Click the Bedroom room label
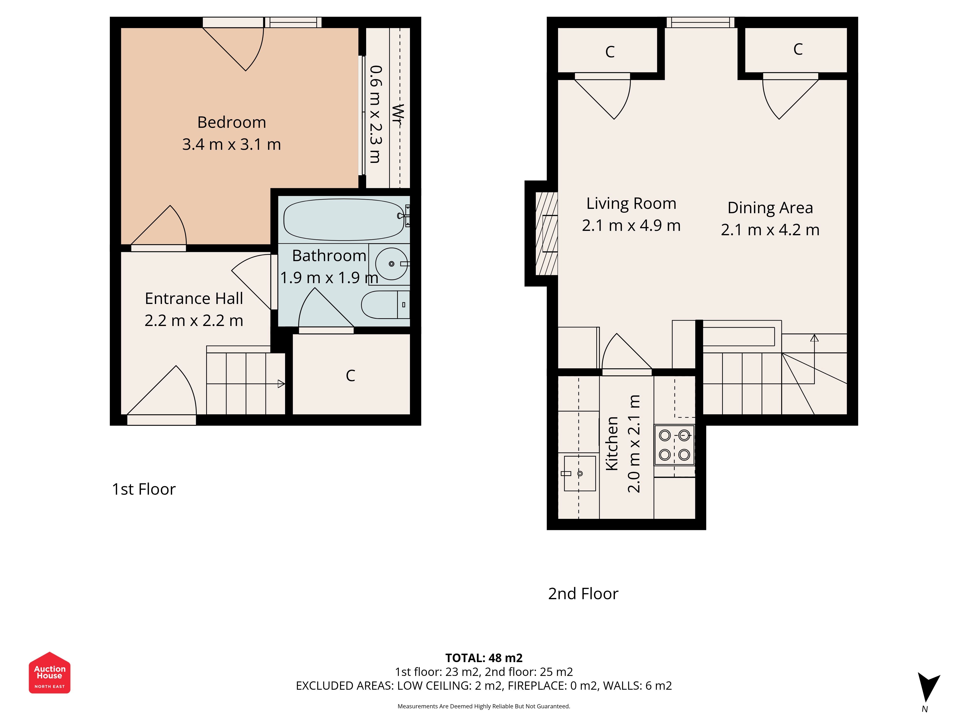pyautogui.click(x=232, y=122)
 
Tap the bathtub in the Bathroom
pyautogui.click(x=344, y=220)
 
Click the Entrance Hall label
pyautogui.click(x=194, y=298)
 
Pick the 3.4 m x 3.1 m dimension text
pyautogui.click(x=232, y=144)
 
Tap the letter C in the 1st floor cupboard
pyautogui.click(x=350, y=376)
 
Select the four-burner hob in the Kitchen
pyautogui.click(x=674, y=445)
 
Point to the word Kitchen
pyautogui.click(x=612, y=443)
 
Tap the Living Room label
pyautogui.click(x=631, y=204)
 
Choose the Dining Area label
pyautogui.click(x=770, y=208)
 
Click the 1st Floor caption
pyautogui.click(x=144, y=489)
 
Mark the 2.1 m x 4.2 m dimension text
pyautogui.click(x=770, y=230)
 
